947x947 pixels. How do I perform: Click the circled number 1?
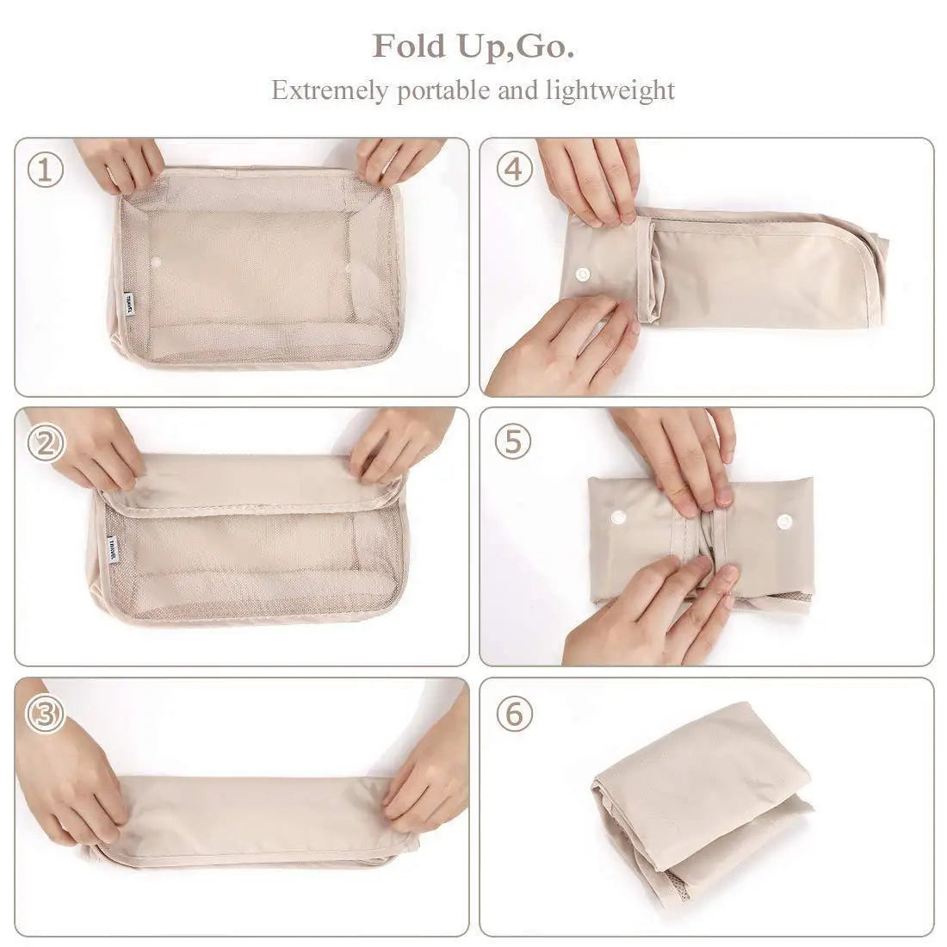coord(46,170)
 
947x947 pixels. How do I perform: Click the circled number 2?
coord(46,442)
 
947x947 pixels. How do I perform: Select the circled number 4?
coord(514,170)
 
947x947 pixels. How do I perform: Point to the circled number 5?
coord(514,442)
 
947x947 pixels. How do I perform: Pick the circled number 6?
coord(514,714)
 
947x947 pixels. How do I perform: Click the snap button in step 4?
coord(583,275)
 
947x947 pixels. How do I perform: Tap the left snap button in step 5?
coord(617,517)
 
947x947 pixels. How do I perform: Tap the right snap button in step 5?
coord(783,521)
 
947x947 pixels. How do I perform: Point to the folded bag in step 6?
coord(702,801)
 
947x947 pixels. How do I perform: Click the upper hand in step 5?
coord(680,456)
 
